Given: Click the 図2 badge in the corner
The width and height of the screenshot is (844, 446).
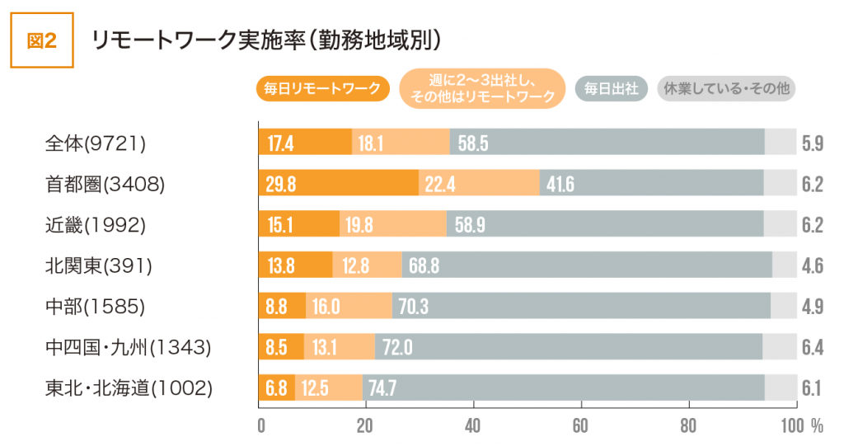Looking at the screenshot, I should coord(41,41).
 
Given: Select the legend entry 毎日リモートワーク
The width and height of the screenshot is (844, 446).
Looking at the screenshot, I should coord(322,88).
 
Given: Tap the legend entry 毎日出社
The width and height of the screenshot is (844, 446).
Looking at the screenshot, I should coord(611,88).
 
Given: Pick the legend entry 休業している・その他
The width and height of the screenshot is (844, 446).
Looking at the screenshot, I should coord(725,88).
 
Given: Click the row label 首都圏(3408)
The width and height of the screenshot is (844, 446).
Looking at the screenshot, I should coord(105,184).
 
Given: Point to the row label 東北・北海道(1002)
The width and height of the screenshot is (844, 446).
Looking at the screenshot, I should coord(129,387).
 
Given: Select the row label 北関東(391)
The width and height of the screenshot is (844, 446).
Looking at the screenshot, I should coord(99,265).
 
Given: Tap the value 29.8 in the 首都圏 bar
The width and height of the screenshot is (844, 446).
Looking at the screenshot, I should coord(282,184).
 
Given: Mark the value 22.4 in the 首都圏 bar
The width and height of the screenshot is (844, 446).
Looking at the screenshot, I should coord(440,184).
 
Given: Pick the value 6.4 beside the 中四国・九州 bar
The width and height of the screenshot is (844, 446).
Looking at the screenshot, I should coord(813,347).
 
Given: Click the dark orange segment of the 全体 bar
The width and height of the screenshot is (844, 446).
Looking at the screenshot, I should coord(305,143).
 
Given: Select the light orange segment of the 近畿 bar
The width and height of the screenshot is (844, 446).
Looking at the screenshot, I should coord(393,224).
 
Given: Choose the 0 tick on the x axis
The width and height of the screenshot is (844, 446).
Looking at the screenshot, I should coord(260,425).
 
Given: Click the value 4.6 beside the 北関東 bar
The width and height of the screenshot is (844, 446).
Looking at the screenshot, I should coord(813,265).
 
